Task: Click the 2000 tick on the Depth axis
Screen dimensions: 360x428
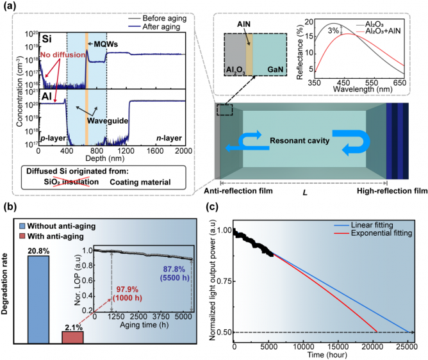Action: (183, 152)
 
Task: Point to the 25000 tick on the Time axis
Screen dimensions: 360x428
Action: (407, 347)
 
